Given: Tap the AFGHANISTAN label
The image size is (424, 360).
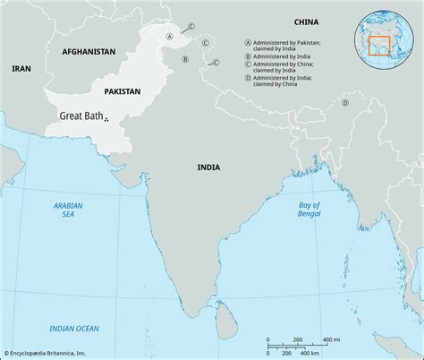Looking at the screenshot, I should (89, 53).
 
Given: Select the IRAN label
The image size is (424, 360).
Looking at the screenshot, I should (20, 68).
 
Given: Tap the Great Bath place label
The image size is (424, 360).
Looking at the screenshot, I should (81, 116).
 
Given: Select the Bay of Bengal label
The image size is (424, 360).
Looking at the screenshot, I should (309, 210).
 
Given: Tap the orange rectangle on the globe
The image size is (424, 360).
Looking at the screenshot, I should (382, 45).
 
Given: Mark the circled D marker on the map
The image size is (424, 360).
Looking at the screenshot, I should (344, 103).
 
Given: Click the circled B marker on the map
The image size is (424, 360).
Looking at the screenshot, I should (185, 59).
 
